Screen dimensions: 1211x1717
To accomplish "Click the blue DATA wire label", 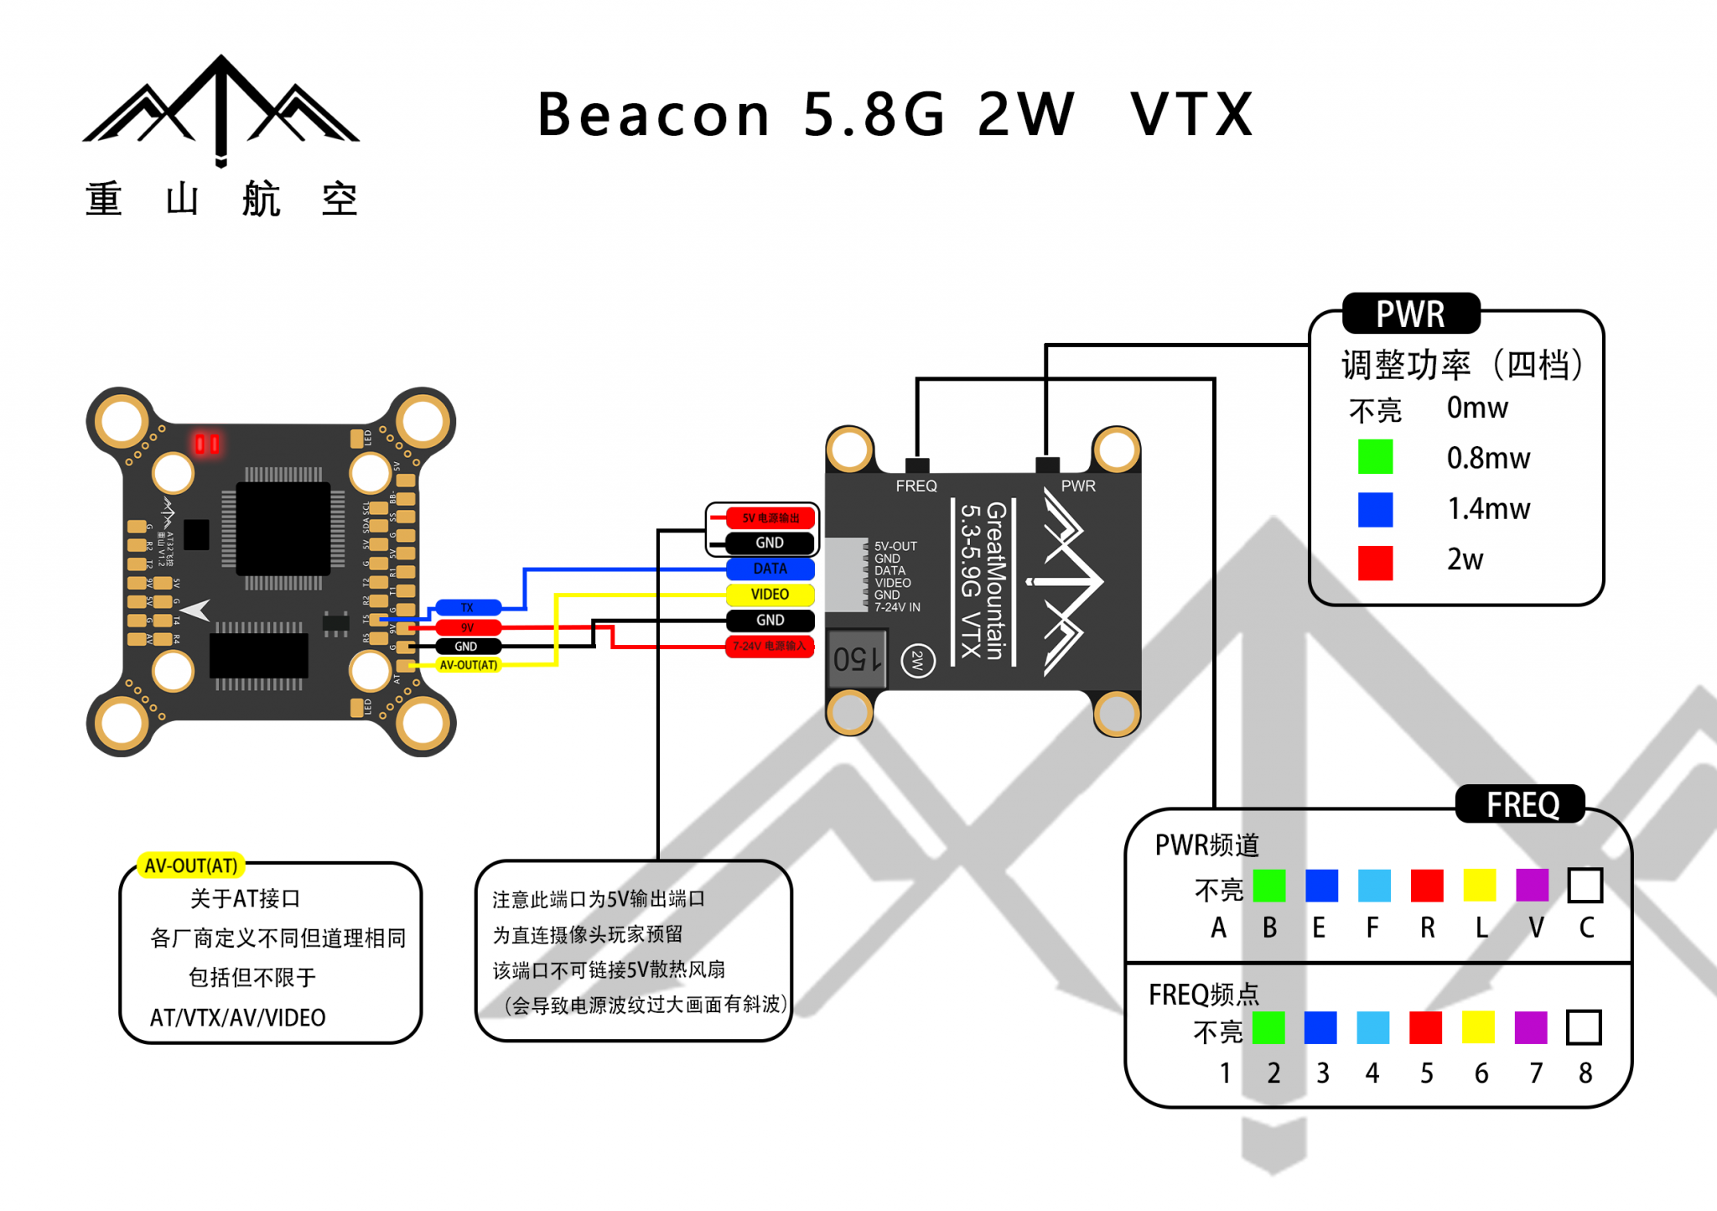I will [x=770, y=569].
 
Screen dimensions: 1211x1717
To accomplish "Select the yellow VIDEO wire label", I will [x=770, y=595].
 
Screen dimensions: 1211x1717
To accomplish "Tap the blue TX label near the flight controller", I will [x=467, y=607].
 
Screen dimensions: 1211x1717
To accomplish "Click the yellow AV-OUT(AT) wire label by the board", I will [x=469, y=665].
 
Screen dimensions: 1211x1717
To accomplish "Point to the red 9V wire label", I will [x=467, y=627].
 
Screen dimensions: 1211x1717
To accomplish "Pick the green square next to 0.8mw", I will [x=1375, y=457].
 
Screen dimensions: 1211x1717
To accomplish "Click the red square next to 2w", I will [x=1375, y=562].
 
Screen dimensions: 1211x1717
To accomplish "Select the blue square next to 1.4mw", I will [x=1375, y=509].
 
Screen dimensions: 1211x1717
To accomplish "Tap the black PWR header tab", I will [x=1411, y=314].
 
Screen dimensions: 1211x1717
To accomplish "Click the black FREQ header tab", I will [x=1521, y=805].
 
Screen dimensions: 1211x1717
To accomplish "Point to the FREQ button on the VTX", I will [x=917, y=465].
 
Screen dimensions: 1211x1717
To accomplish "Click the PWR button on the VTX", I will [x=1047, y=465].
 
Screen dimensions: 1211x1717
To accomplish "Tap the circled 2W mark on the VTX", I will [x=918, y=661].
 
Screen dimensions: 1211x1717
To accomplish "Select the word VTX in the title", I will [x=1191, y=115].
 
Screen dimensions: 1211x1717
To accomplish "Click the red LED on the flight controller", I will [x=207, y=443].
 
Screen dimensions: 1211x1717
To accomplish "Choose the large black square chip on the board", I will [x=283, y=528].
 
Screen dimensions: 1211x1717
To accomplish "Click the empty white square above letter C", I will [x=1585, y=886].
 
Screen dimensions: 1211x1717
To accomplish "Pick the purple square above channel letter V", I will [x=1532, y=886].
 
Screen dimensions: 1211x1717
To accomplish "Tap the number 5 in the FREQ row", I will [x=1426, y=1073].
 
